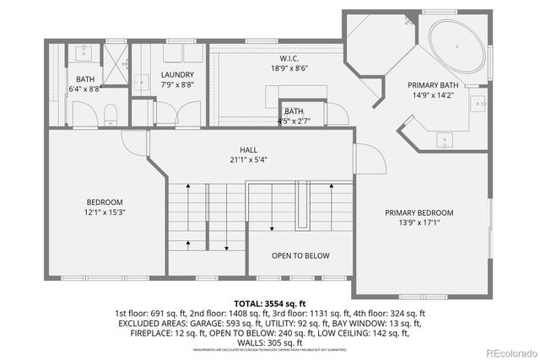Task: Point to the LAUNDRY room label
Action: point(177,74)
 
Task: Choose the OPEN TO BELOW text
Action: point(300,255)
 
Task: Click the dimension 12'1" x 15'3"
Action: point(105,213)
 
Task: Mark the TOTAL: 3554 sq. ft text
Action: point(269,302)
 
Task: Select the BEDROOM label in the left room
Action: point(105,202)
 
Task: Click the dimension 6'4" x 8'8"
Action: point(85,87)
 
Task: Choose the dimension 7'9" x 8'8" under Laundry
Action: point(177,85)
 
